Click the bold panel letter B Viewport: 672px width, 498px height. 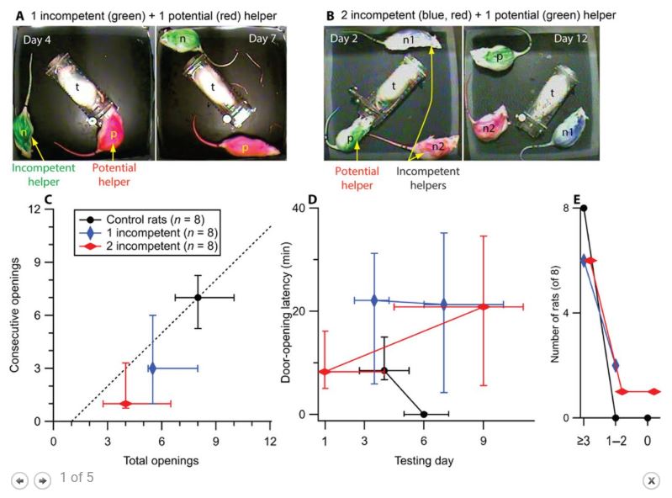point(331,14)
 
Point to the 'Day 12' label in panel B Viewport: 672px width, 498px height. point(569,40)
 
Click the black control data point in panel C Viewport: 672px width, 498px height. point(198,298)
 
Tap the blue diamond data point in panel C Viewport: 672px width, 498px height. point(152,368)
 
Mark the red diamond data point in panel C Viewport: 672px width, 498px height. point(125,404)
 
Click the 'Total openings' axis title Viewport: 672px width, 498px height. point(161,461)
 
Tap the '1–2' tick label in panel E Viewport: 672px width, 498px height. point(616,439)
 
